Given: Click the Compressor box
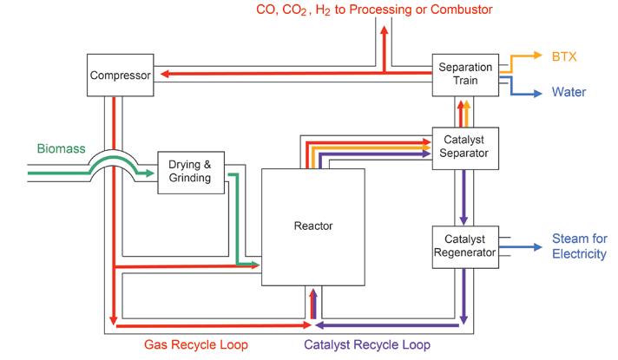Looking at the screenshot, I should [121, 75].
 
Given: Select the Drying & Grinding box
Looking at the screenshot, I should [190, 172].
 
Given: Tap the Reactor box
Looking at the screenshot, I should [313, 226].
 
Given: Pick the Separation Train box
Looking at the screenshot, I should [464, 75].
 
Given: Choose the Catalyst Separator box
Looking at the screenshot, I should [464, 146].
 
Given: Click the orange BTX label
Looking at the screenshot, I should [565, 57].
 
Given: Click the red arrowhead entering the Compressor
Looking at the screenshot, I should [160, 75].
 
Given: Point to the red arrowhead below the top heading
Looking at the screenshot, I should [385, 29].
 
